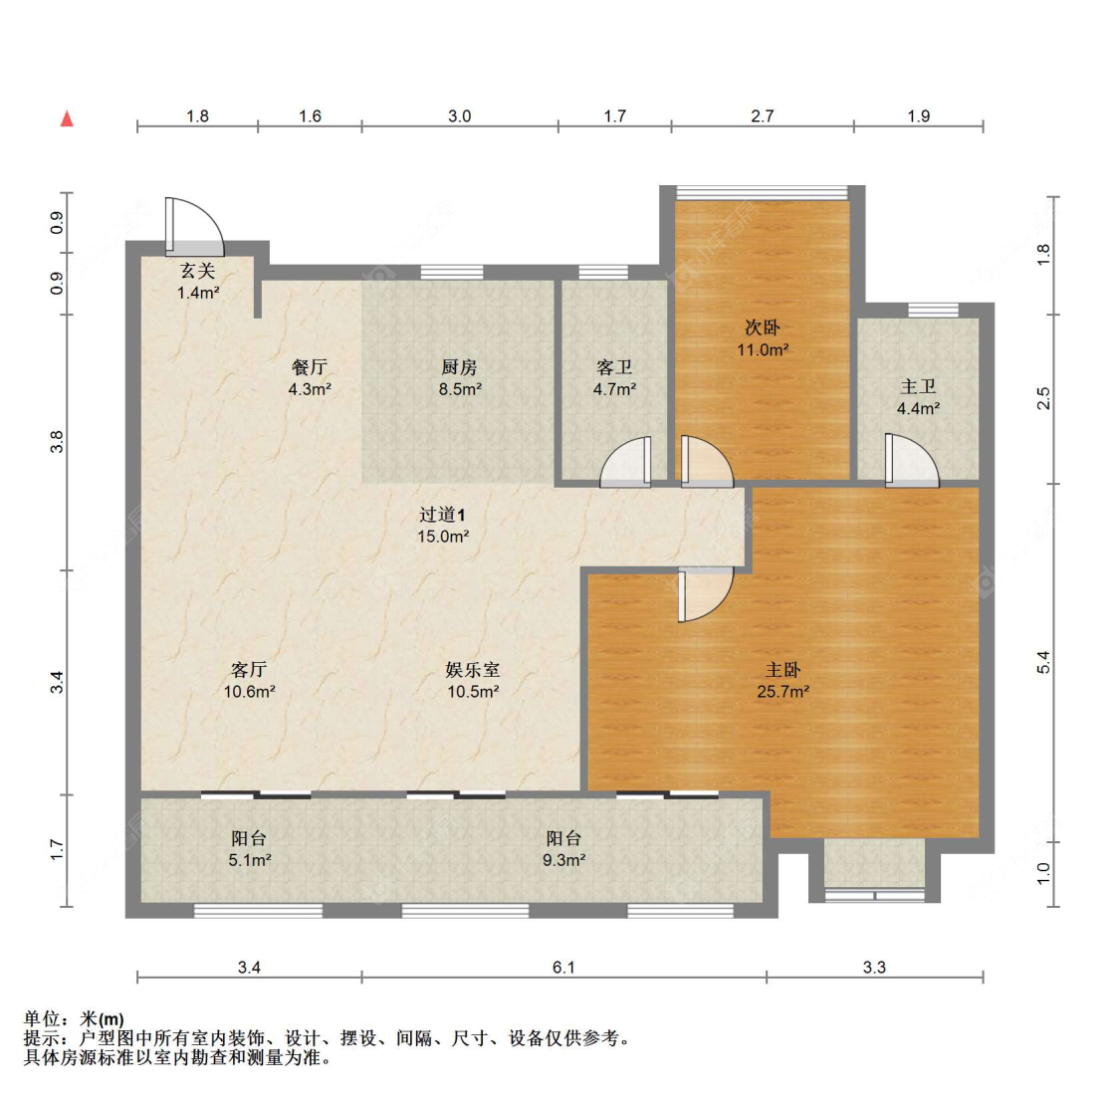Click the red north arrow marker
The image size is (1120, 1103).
click(67, 119)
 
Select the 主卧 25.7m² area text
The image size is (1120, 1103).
click(783, 691)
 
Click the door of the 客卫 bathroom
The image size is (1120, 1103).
click(627, 463)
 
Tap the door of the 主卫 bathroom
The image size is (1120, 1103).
click(910, 461)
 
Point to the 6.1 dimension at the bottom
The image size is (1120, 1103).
click(563, 967)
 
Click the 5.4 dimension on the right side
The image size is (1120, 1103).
click(1042, 662)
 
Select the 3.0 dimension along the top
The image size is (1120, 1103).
click(459, 116)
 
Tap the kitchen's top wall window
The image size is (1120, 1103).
click(451, 272)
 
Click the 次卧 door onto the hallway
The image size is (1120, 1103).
click(705, 463)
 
